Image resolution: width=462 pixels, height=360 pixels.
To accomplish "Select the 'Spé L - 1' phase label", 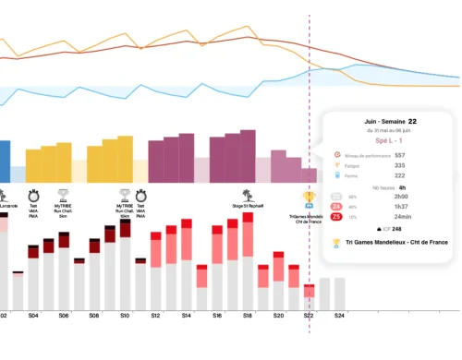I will pyautogui.click(x=387, y=136).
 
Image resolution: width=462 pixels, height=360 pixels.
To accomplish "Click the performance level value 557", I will pyautogui.click(x=399, y=154).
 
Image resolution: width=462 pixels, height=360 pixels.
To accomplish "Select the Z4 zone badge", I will pyautogui.click(x=336, y=206).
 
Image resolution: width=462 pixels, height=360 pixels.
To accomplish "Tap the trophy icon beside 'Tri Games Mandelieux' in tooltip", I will pyautogui.click(x=335, y=243).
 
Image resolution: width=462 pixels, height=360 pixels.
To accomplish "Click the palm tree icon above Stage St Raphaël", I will pyautogui.click(x=247, y=195).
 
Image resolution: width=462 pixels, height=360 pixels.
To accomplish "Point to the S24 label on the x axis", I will pyautogui.click(x=338, y=316).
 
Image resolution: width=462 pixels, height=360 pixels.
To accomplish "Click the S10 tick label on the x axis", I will pyautogui.click(x=125, y=316).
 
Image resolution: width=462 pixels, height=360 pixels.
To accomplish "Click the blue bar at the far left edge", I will pyautogui.click(x=5, y=162).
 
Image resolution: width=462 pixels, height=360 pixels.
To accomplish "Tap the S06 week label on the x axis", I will pyautogui.click(x=64, y=316).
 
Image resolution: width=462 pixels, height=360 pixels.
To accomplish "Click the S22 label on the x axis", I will pyautogui.click(x=308, y=316).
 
